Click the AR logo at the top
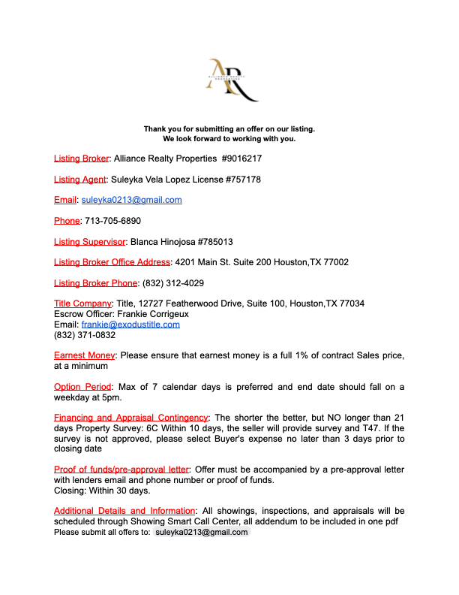(231, 80)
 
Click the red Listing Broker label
(82, 159)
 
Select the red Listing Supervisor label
(89, 242)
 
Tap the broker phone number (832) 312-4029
(172, 283)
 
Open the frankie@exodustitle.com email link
(130, 325)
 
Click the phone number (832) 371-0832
(84, 335)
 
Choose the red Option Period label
(82, 387)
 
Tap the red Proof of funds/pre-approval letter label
(121, 470)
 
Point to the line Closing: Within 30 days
(102, 491)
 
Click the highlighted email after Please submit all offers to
(201, 532)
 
